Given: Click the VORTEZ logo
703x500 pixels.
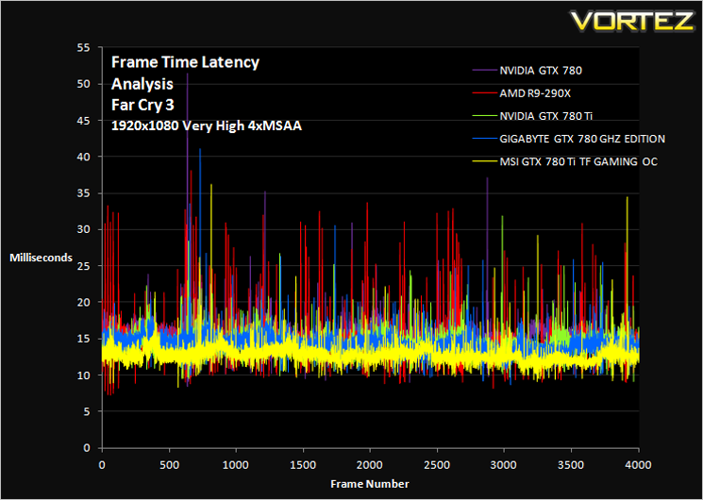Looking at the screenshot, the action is (x=632, y=21).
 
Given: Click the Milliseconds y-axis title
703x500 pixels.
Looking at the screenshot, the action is (x=42, y=258).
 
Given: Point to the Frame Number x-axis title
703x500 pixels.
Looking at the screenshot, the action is (x=370, y=484).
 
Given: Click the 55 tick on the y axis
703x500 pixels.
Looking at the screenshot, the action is (x=84, y=47).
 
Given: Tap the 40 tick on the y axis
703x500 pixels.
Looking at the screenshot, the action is (x=84, y=157).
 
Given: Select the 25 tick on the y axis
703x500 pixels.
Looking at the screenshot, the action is (x=84, y=266).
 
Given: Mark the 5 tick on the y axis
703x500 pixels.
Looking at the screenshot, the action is (x=87, y=411).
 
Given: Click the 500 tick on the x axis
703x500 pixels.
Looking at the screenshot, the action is (x=170, y=465).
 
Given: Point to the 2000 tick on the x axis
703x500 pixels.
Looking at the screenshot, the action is (x=370, y=465).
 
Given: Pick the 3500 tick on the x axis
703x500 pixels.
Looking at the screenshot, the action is (x=571, y=465).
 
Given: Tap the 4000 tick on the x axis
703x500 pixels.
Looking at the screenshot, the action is (x=638, y=465).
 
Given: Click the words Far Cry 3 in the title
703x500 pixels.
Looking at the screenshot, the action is (x=142, y=106).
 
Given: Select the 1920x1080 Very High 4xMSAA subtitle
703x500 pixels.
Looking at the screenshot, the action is (x=207, y=126).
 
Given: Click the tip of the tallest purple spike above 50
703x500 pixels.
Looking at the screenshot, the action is (x=188, y=74).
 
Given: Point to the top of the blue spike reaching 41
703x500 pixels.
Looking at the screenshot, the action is (x=200, y=149).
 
